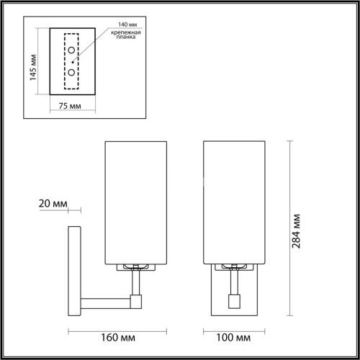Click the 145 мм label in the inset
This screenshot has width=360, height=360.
[32, 66]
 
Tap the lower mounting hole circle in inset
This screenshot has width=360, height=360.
[71, 73]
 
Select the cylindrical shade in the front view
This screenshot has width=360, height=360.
[234, 203]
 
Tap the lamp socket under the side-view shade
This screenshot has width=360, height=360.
[135, 267]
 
